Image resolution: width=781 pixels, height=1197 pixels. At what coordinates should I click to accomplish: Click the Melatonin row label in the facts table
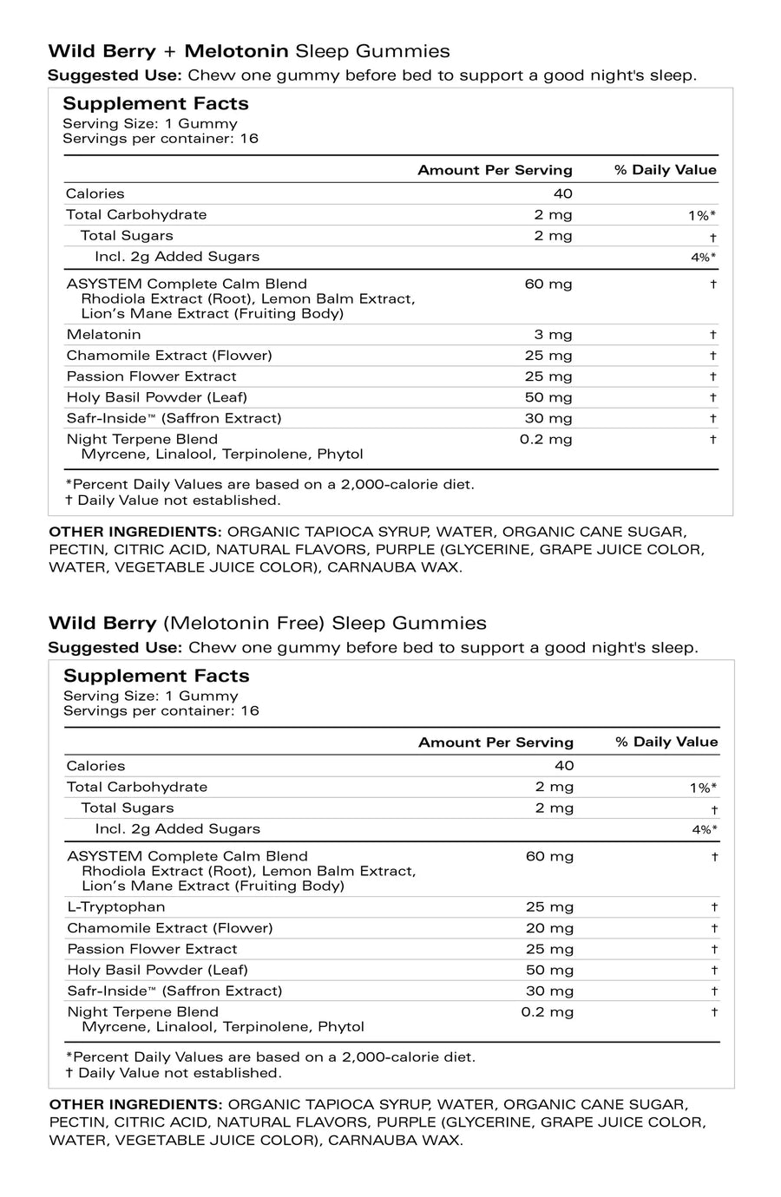click(103, 335)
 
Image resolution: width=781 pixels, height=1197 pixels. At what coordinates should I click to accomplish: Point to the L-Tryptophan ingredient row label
click(115, 907)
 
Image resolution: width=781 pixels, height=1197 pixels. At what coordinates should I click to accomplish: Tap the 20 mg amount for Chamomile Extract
click(549, 928)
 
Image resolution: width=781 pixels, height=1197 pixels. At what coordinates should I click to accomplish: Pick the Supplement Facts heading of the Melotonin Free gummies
click(156, 676)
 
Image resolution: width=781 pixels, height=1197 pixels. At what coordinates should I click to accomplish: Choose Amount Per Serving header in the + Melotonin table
click(495, 170)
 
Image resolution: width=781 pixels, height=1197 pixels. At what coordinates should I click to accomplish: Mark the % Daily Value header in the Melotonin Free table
click(666, 742)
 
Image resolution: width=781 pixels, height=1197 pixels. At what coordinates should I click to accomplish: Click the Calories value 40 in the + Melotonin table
click(562, 193)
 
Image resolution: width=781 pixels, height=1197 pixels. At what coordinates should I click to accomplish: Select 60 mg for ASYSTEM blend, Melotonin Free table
click(549, 857)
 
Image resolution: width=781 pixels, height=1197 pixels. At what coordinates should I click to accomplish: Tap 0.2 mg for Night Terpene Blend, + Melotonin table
click(546, 440)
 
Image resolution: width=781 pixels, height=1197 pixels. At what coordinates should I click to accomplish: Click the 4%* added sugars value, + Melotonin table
click(703, 258)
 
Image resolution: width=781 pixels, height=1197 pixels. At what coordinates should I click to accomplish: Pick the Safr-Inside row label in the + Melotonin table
click(174, 418)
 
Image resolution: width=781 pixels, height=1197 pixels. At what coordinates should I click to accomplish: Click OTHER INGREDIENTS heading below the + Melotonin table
click(135, 531)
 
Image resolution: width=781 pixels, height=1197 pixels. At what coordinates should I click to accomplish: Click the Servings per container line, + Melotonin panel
click(161, 139)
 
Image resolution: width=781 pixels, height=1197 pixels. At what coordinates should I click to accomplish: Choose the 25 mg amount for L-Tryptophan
click(549, 907)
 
